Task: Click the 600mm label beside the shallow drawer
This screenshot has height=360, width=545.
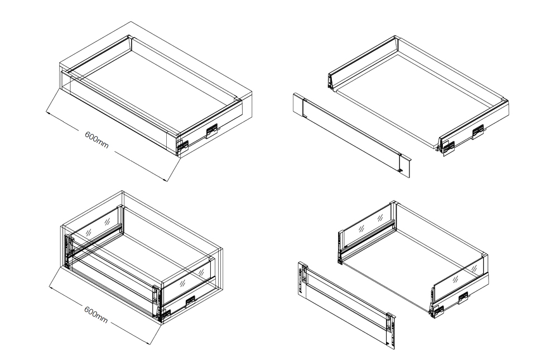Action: click(97, 140)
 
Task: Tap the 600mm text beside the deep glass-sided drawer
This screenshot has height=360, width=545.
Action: click(96, 314)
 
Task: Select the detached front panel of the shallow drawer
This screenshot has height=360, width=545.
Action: click(352, 135)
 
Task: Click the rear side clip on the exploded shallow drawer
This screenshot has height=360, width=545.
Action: click(478, 131)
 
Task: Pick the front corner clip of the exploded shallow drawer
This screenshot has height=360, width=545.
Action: click(448, 148)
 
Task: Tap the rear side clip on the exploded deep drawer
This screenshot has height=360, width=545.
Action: click(464, 297)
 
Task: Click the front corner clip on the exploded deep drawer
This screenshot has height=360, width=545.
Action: click(437, 311)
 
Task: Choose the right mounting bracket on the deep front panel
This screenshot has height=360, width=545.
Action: click(391, 330)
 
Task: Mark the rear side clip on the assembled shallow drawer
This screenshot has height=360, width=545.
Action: click(212, 131)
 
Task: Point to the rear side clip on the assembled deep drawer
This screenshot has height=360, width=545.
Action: click(190, 301)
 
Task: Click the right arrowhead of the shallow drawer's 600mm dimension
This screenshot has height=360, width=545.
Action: click(166, 180)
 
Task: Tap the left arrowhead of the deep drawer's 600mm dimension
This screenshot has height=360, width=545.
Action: click(51, 287)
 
